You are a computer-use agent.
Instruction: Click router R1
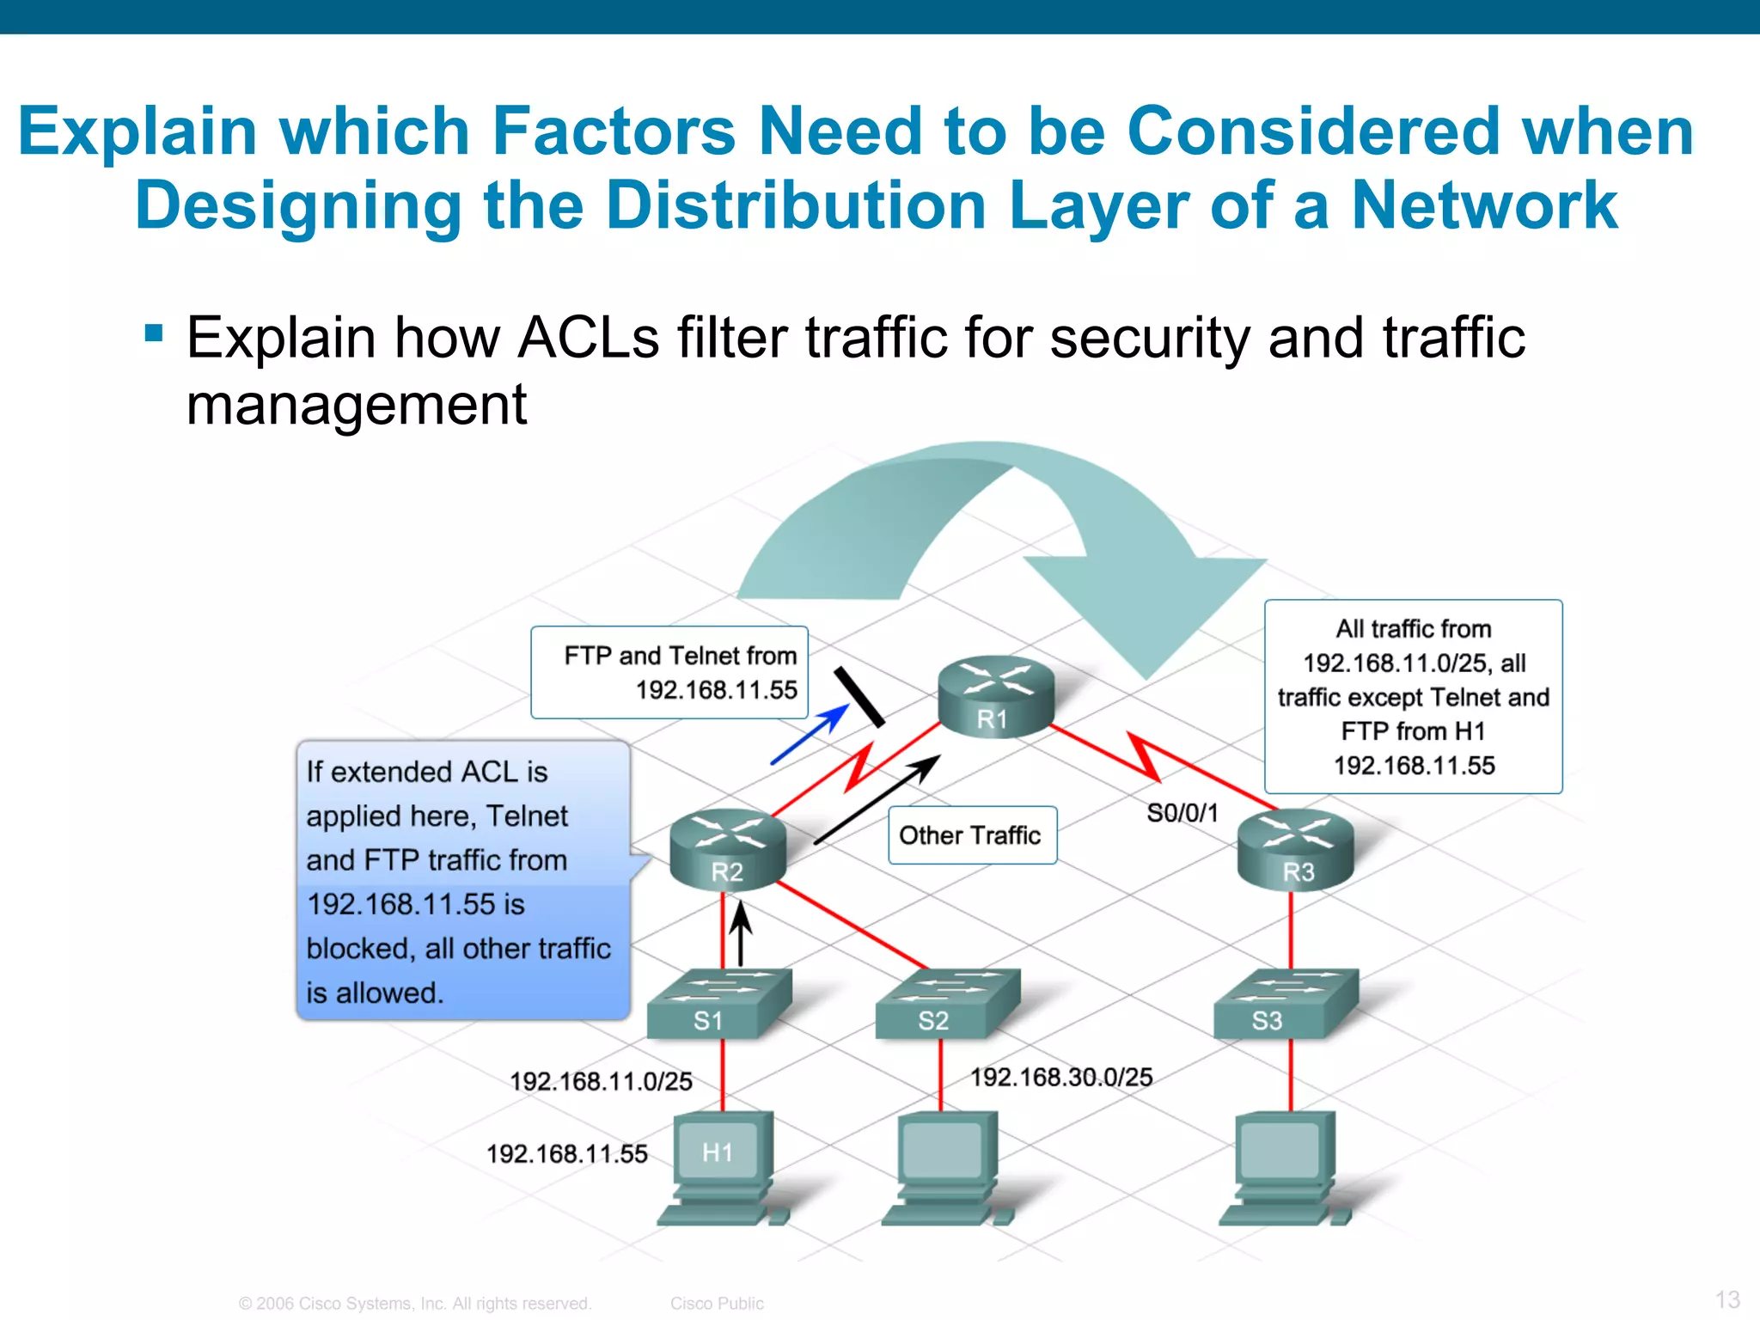point(995,696)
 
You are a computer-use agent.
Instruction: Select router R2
point(728,850)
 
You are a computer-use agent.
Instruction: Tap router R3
point(1295,850)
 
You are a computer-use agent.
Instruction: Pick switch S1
point(718,1003)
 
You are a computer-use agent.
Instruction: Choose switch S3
point(1285,1003)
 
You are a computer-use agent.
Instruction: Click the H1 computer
point(720,1164)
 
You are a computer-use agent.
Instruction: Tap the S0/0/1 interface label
point(1182,813)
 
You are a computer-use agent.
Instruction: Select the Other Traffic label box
point(971,835)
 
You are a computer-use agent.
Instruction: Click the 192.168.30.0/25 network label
point(1061,1077)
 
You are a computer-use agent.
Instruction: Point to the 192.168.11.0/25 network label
point(601,1081)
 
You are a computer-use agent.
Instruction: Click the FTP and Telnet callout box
point(669,672)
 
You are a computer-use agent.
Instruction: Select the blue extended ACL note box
point(463,881)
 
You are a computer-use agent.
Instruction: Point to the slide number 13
point(1727,1299)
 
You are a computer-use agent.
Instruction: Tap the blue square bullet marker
point(154,333)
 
